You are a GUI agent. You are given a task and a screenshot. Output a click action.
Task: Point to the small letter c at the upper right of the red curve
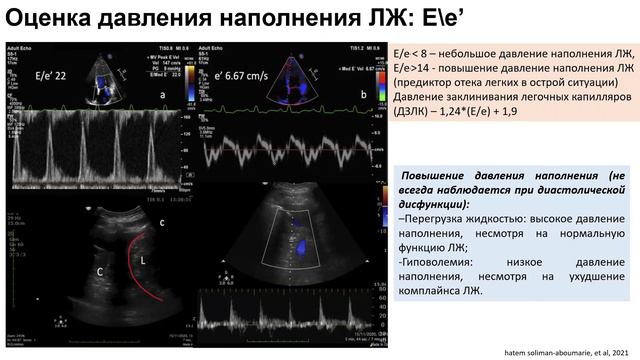[163, 223]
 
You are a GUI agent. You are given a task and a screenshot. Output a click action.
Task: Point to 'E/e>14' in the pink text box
[414, 67]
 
